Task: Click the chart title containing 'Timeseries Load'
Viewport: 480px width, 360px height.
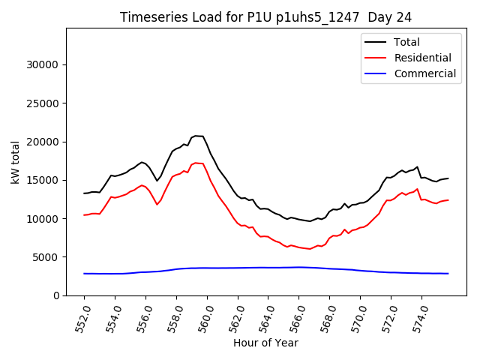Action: click(x=265, y=17)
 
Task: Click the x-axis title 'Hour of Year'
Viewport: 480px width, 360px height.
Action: click(x=265, y=343)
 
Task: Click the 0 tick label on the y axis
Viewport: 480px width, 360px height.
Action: click(x=56, y=295)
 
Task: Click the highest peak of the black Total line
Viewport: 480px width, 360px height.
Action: click(x=196, y=136)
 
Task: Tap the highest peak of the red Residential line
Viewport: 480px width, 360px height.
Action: click(x=196, y=163)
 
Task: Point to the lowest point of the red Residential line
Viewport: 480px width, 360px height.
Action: click(x=310, y=249)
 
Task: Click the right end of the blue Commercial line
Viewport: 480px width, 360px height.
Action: click(x=448, y=274)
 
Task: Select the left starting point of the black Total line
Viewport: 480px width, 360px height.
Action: click(x=84, y=193)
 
